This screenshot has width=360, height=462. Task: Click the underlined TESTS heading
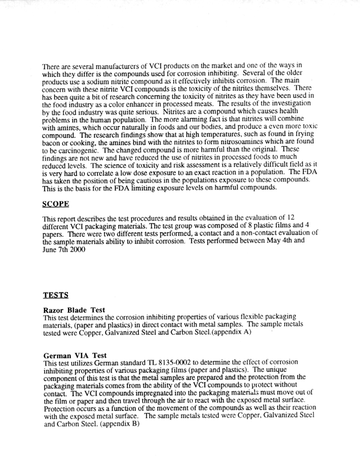point(56,294)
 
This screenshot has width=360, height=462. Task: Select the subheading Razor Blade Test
point(73,310)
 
